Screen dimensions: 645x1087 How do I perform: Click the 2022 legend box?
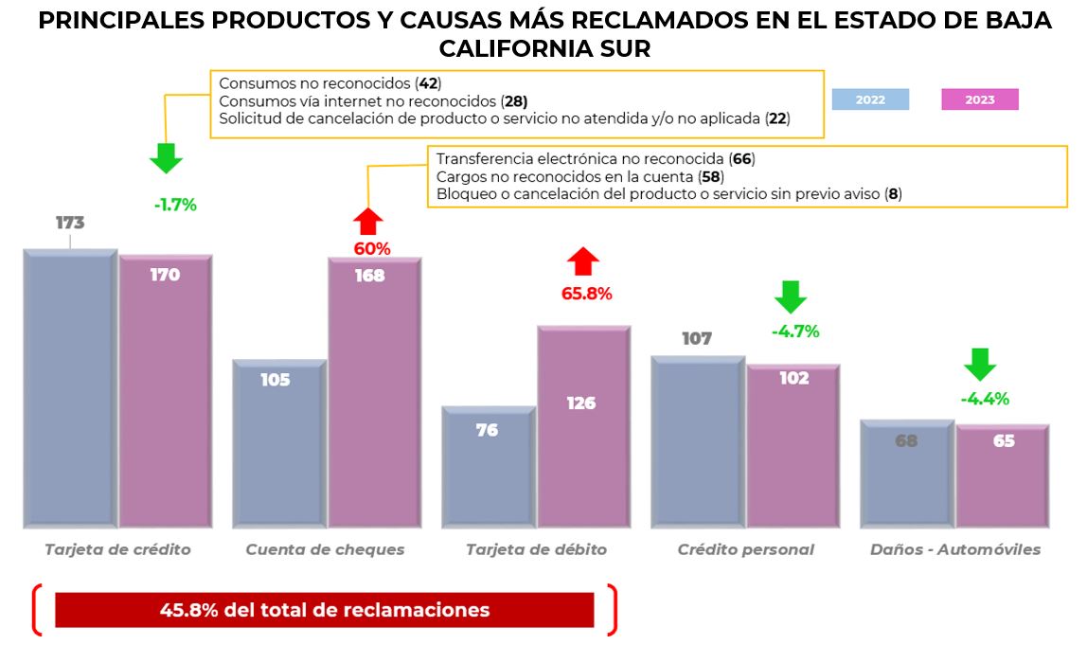point(870,99)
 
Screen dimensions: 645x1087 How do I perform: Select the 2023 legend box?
point(979,99)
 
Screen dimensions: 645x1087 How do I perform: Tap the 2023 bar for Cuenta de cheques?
point(374,393)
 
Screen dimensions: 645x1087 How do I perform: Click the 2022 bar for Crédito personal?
point(698,441)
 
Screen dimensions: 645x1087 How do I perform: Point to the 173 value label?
point(70,224)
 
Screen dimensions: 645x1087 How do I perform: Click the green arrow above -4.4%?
point(980,364)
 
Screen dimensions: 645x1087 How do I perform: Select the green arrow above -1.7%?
point(166,157)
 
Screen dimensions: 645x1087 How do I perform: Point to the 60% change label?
point(372,249)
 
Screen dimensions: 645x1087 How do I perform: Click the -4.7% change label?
point(794,331)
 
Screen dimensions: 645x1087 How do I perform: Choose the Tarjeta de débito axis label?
point(536,549)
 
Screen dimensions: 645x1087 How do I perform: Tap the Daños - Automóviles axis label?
point(954,549)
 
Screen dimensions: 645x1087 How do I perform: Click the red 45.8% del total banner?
point(324,610)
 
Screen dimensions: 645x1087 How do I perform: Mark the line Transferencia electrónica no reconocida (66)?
point(596,159)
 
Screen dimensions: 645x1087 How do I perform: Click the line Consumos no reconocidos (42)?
point(330,83)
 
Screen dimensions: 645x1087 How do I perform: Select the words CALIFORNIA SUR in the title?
point(543,49)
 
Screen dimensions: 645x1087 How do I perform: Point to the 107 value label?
point(697,338)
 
